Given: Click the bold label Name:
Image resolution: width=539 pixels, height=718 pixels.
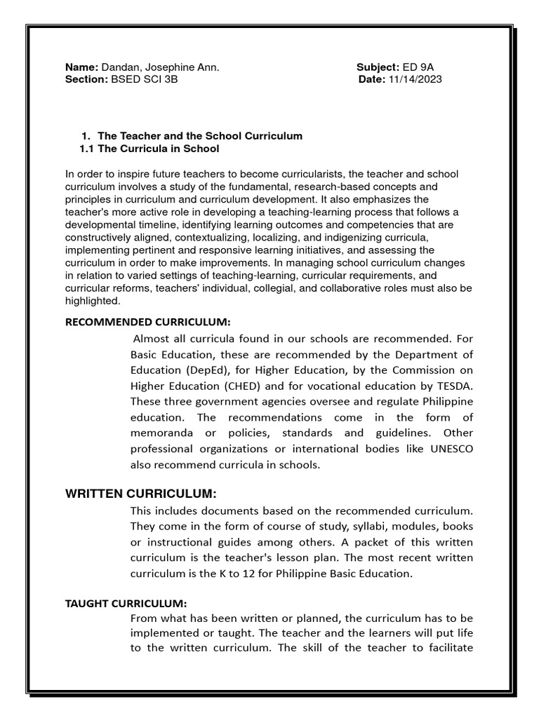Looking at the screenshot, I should coord(82,67).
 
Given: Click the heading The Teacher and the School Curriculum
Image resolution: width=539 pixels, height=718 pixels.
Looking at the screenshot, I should coord(200,136).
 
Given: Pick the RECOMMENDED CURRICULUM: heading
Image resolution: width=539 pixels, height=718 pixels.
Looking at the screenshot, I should coord(147,322).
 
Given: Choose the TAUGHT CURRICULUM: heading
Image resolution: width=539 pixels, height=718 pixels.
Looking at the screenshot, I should coord(126,603).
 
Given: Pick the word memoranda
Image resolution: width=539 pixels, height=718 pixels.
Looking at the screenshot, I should coord(162,433).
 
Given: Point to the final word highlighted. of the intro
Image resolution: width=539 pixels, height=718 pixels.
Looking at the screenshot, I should coord(93,301).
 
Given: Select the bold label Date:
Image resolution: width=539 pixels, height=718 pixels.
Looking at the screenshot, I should coord(371,79).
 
